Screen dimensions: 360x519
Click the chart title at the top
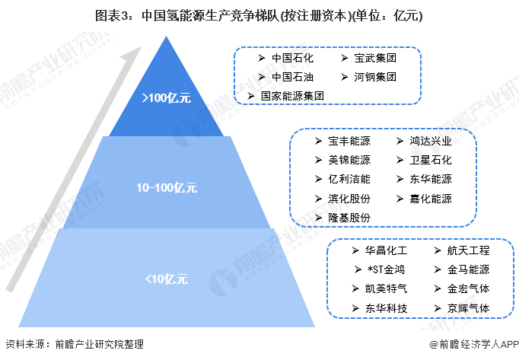[259, 14]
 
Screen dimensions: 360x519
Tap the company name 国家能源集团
[293, 96]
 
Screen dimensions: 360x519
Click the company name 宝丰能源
[349, 141]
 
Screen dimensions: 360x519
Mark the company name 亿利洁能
[349, 180]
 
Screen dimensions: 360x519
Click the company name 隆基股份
[349, 218]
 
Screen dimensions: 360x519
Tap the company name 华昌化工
[386, 250]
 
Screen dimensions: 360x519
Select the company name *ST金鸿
[386, 269]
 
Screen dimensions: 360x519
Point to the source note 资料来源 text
[74, 343]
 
